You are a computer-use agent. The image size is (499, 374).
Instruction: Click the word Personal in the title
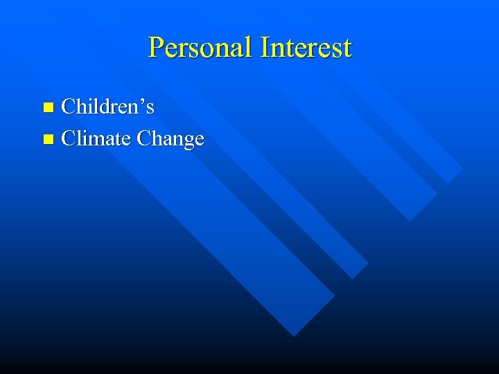point(201,48)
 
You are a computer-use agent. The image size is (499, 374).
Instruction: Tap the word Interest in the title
point(306,48)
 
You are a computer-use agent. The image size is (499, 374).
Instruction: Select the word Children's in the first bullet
point(107,107)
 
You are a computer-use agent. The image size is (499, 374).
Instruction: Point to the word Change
point(170,139)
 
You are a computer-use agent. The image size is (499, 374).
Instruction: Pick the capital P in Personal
point(156,48)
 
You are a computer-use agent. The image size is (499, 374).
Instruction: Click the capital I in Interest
point(265,48)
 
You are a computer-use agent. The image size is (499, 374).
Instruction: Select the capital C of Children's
point(69,107)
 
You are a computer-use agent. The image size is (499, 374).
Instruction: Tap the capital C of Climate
point(69,139)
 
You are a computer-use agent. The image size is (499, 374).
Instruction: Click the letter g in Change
point(188,141)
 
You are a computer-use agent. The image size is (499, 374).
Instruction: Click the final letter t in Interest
point(347,48)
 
